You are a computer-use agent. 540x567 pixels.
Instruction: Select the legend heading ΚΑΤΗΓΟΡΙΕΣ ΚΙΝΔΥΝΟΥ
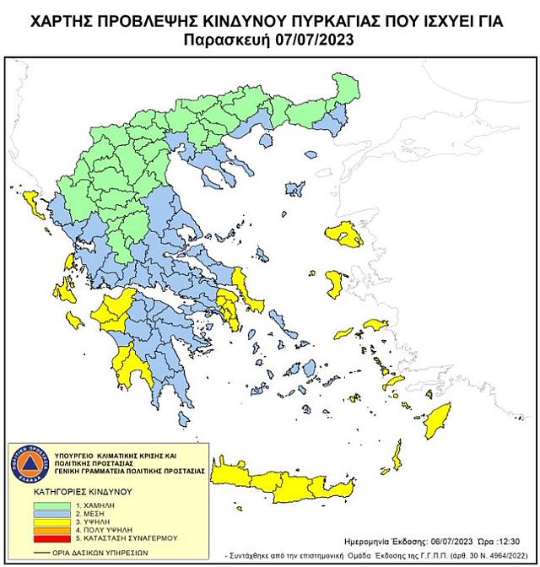(81, 489)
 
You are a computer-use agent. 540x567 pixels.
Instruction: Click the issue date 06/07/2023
(435, 542)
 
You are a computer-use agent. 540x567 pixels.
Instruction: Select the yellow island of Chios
(336, 284)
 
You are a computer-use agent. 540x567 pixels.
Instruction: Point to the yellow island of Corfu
(34, 202)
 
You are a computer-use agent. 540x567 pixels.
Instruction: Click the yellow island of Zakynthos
(75, 318)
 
